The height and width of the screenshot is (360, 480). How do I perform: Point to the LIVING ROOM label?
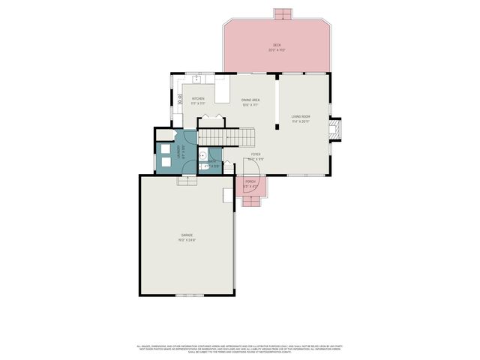tap(301, 116)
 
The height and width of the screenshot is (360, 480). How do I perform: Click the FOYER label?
tap(256, 154)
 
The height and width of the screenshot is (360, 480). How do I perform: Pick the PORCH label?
tap(250, 181)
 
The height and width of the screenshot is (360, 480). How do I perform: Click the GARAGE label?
tap(187, 235)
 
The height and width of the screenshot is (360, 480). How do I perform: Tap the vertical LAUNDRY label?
tap(177, 150)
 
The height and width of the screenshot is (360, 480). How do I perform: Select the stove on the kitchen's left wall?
tap(181, 97)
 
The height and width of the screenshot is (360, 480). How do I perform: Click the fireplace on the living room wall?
tap(337, 130)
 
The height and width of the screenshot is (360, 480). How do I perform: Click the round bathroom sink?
tap(204, 154)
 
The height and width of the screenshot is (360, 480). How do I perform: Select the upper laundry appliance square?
tap(165, 148)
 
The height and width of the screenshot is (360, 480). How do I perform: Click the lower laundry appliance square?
tap(165, 161)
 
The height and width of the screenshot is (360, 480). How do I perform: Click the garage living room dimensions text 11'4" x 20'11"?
tap(301, 121)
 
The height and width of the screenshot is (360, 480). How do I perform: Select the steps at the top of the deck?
tap(283, 13)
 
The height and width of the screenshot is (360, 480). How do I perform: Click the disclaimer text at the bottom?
tap(239, 349)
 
